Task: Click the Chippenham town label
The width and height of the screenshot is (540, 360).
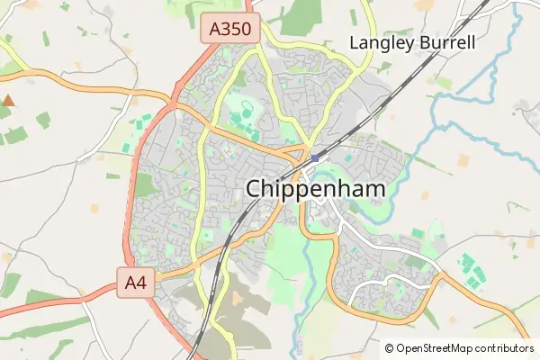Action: tap(315, 190)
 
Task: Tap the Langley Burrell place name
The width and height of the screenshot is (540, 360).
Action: tap(411, 42)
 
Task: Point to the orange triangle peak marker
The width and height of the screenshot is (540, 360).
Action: tap(8, 101)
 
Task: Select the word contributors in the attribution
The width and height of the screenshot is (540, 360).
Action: tap(505, 348)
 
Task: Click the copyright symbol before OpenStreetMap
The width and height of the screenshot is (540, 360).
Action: tap(389, 348)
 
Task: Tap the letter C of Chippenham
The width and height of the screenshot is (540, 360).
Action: tap(255, 190)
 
